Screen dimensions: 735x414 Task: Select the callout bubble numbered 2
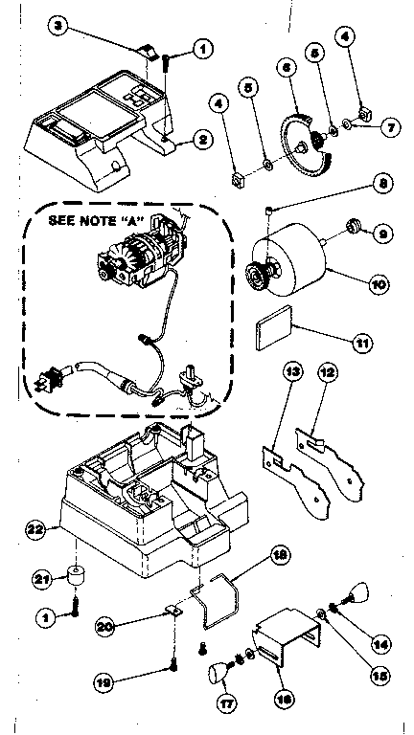[202, 141]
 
